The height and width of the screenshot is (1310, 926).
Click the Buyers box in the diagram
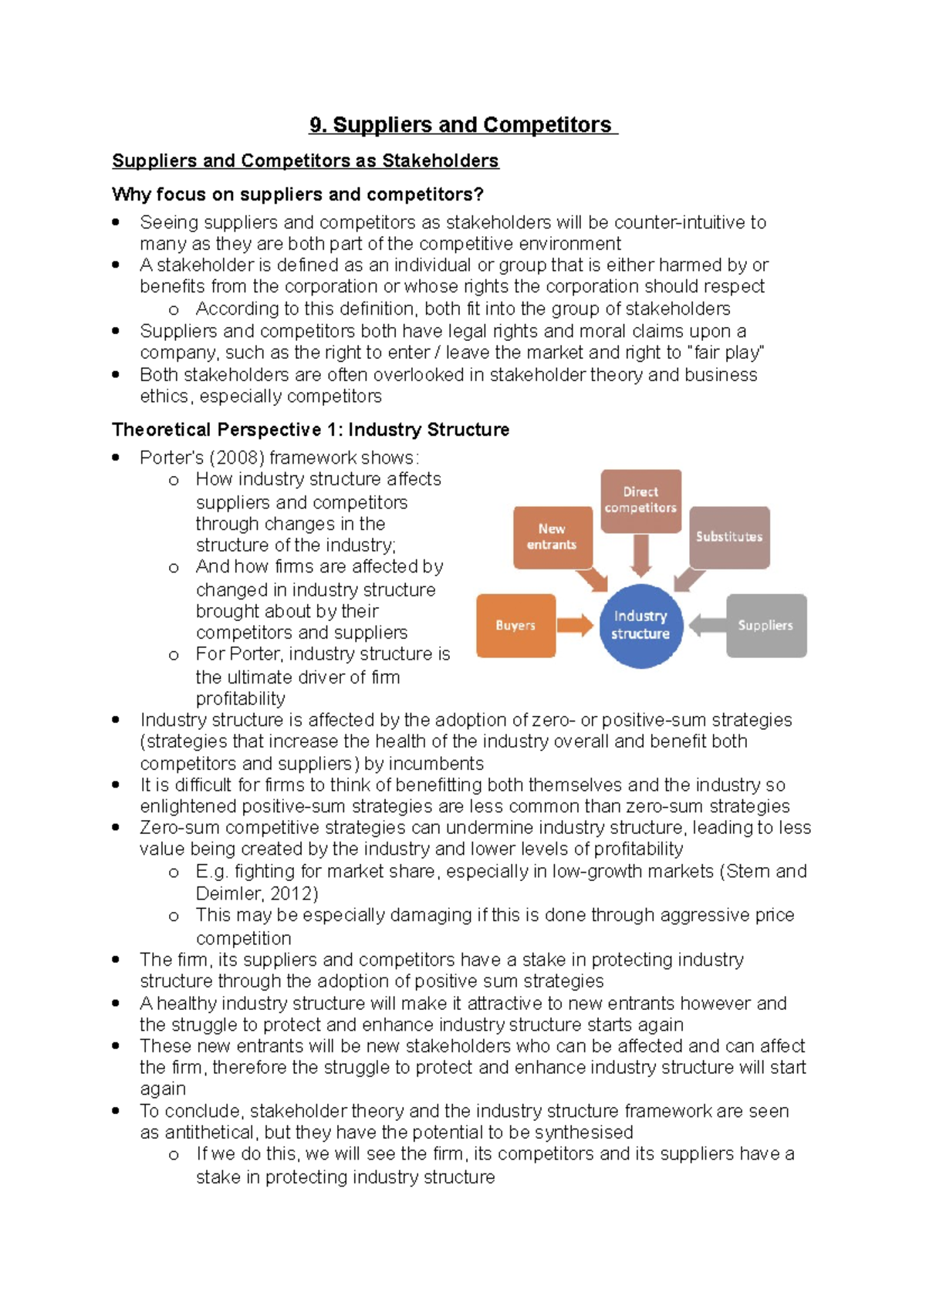(x=515, y=626)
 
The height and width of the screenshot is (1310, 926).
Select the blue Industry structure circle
(x=640, y=625)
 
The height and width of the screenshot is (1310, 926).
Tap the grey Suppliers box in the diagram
(x=765, y=626)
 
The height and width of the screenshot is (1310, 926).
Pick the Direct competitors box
(x=640, y=500)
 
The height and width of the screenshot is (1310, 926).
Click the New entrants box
(x=552, y=537)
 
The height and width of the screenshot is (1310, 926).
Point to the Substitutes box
(x=729, y=537)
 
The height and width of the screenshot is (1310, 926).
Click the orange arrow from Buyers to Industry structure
(x=575, y=626)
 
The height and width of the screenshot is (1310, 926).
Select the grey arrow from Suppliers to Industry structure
(x=706, y=626)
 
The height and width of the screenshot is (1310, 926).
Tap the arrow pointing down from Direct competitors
(x=640, y=555)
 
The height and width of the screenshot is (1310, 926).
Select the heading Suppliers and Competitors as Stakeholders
(x=306, y=161)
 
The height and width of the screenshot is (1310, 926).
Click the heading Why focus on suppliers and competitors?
(x=298, y=194)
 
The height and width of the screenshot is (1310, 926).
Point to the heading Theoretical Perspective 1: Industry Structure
(x=310, y=430)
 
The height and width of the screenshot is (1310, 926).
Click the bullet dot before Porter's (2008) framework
(x=116, y=457)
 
